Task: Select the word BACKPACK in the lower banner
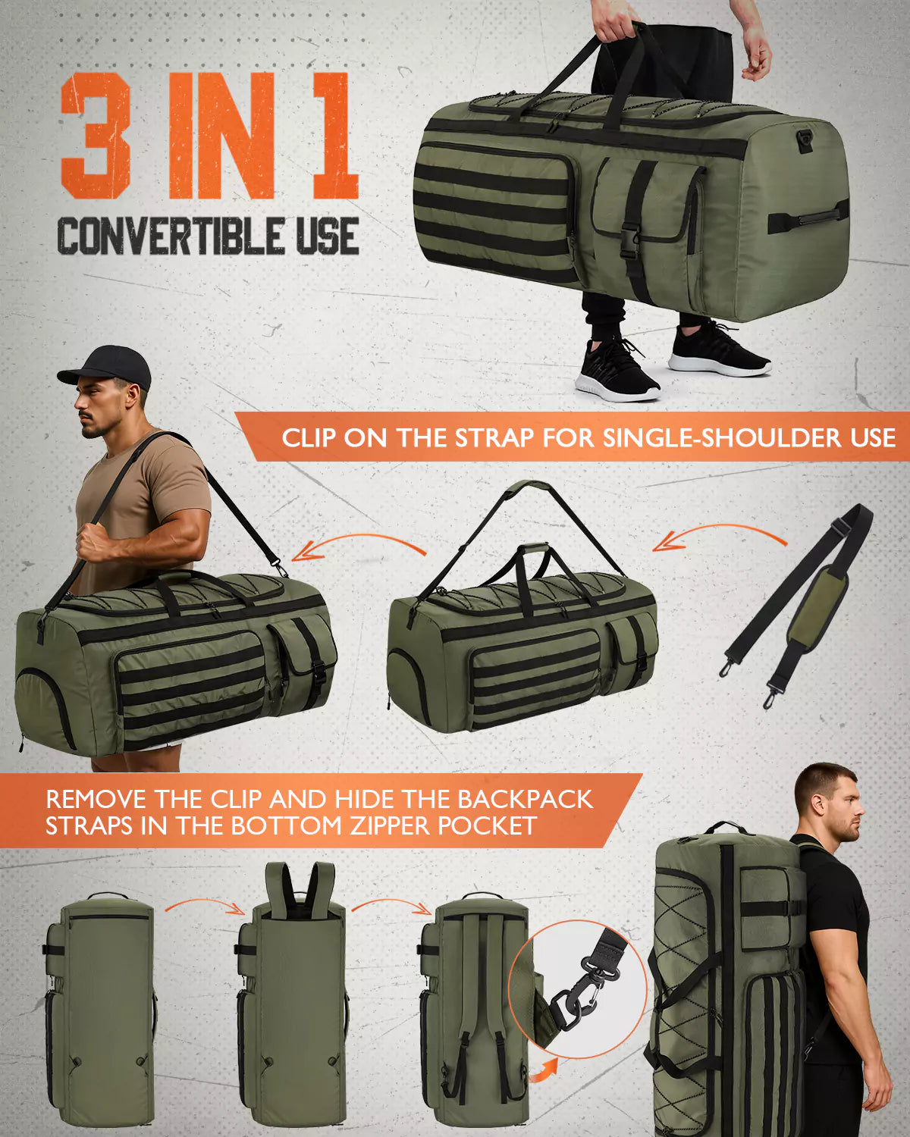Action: [x=526, y=800]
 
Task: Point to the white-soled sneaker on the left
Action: [x=616, y=370]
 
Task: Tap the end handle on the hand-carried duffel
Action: [x=808, y=218]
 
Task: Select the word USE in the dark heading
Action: [x=327, y=236]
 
